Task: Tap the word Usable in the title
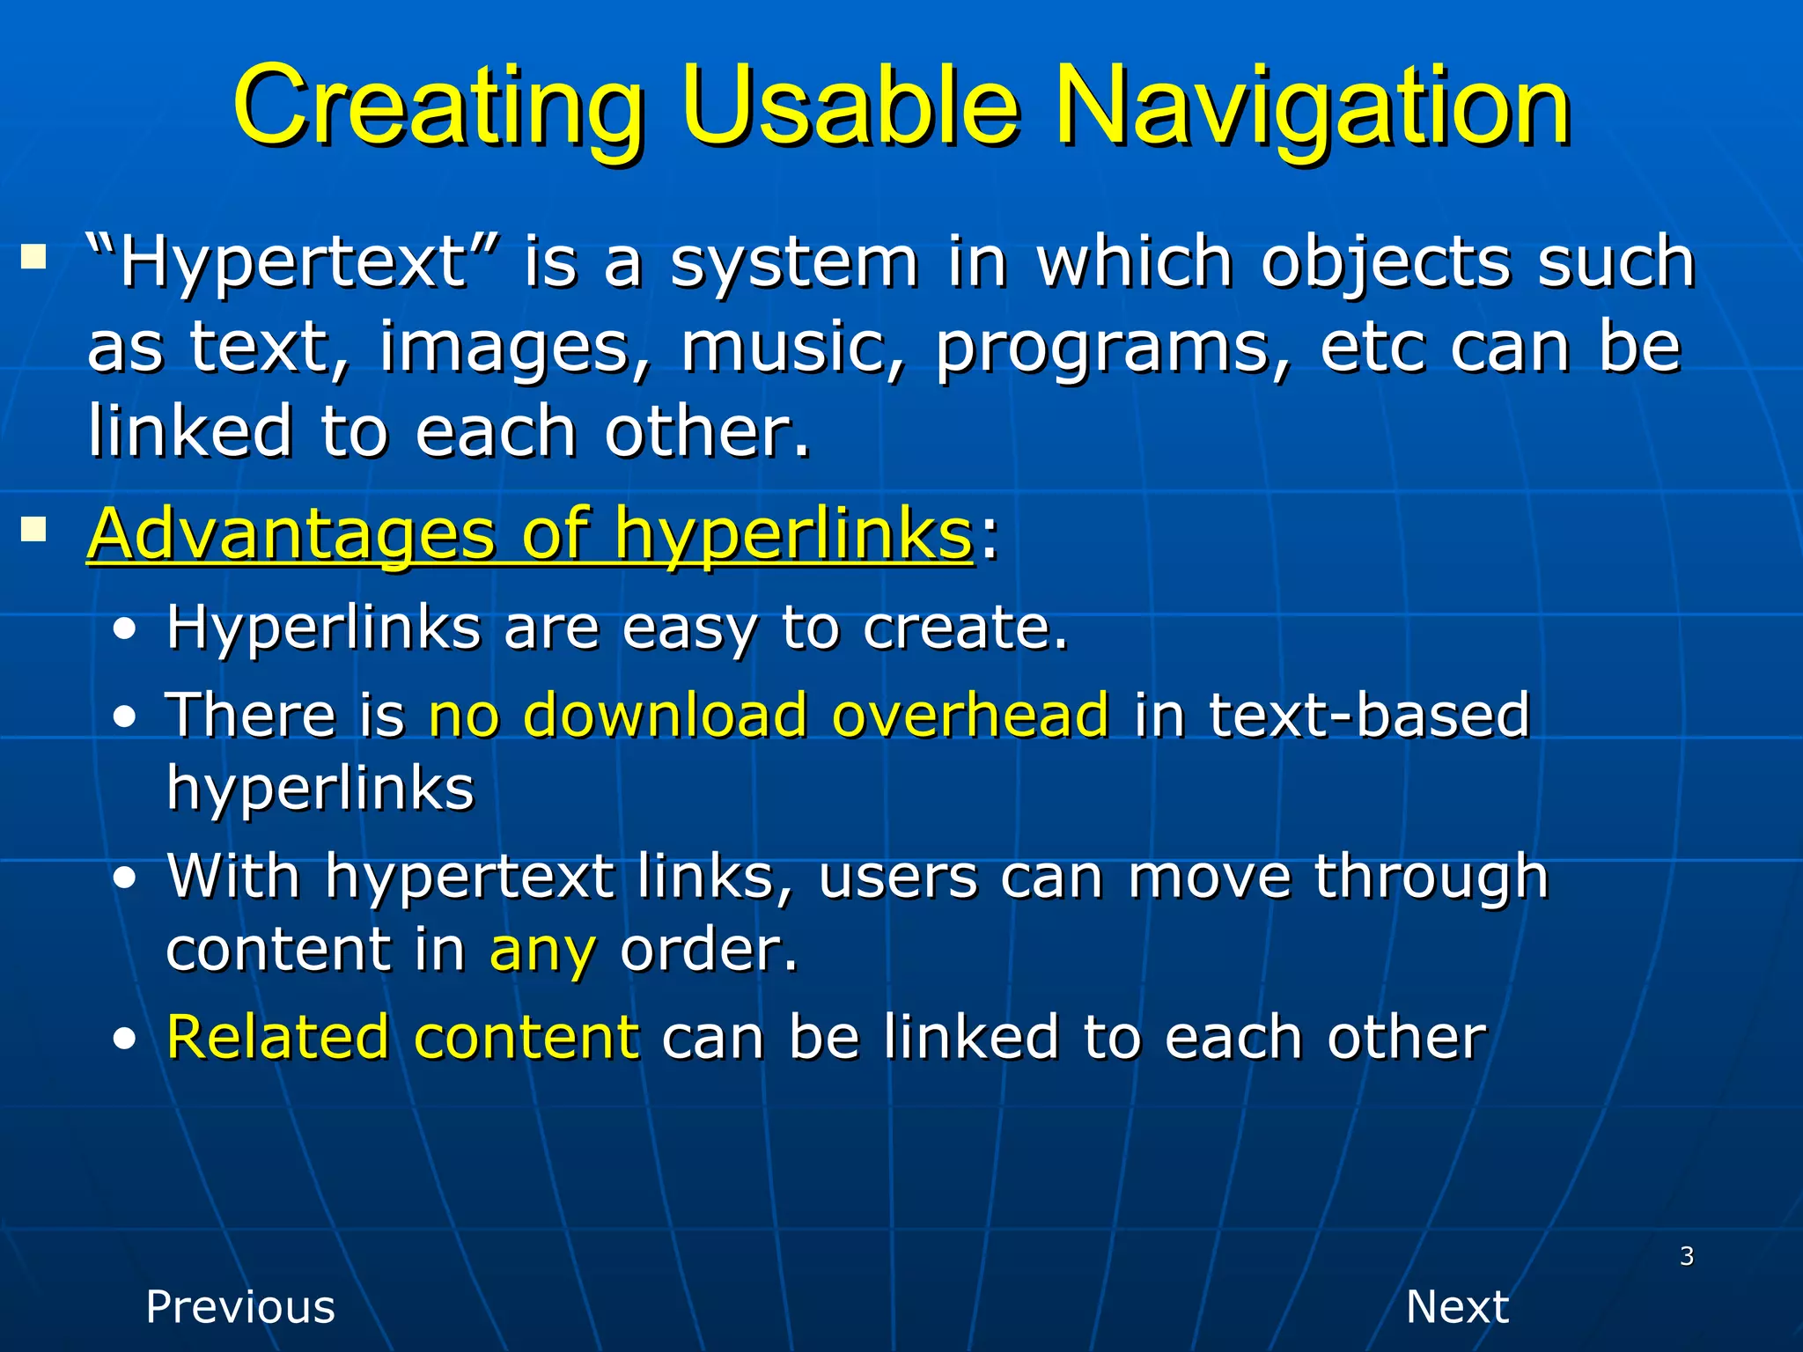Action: tap(849, 107)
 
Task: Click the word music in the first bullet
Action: tap(791, 349)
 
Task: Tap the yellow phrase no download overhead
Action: tap(768, 715)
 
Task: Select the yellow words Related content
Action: tap(402, 1037)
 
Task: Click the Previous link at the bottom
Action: tap(240, 1306)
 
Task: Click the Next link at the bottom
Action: tap(1457, 1306)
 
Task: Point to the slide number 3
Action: tap(1686, 1256)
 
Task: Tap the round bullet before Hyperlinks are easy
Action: tap(125, 630)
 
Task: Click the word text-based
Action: tap(1369, 715)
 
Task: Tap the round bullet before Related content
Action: tap(125, 1040)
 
